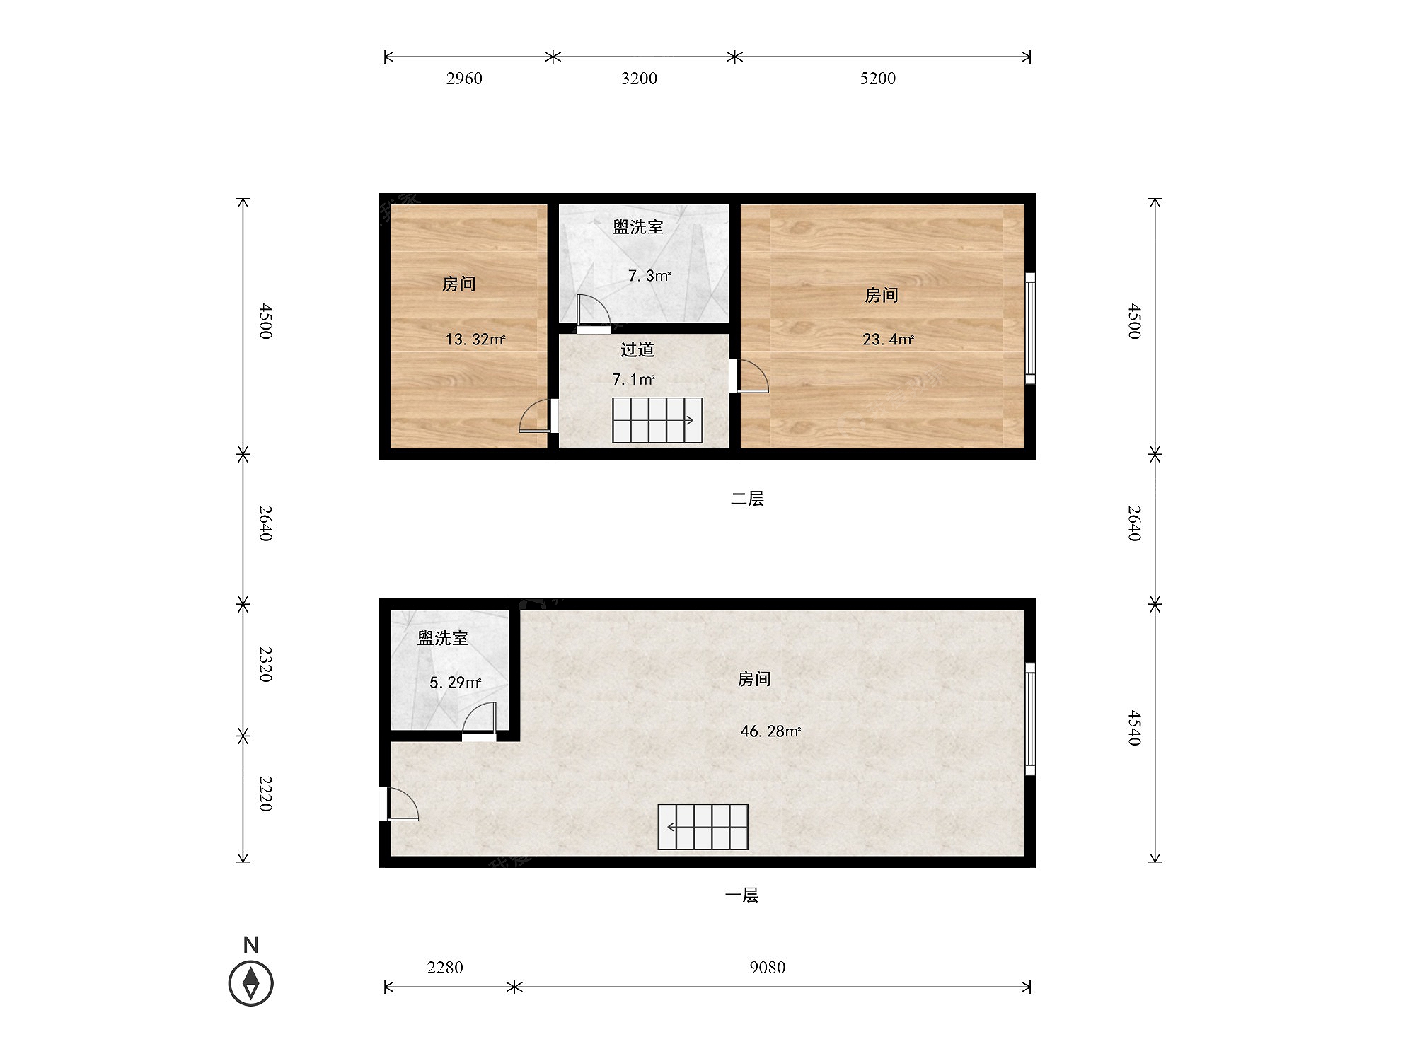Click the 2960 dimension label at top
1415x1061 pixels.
pyautogui.click(x=464, y=79)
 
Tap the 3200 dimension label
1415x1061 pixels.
pyautogui.click(x=639, y=79)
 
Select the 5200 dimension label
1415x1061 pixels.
pyautogui.click(x=877, y=79)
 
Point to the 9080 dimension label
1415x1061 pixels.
pyautogui.click(x=767, y=967)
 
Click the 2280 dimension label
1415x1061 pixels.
pyautogui.click(x=444, y=967)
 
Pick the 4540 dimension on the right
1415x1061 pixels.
pyautogui.click(x=1135, y=728)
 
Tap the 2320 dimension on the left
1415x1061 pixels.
pyautogui.click(x=265, y=663)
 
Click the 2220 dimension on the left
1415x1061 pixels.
pyautogui.click(x=265, y=794)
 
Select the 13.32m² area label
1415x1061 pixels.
pyautogui.click(x=475, y=340)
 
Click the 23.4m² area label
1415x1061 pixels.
pyautogui.click(x=888, y=340)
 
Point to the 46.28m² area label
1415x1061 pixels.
pyautogui.click(x=770, y=731)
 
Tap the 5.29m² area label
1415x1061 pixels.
pyautogui.click(x=456, y=683)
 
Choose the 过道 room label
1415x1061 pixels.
pyautogui.click(x=637, y=349)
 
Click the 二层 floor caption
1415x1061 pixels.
pyautogui.click(x=747, y=499)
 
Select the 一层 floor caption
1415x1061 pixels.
pyautogui.click(x=741, y=895)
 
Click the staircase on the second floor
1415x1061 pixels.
pyautogui.click(x=657, y=420)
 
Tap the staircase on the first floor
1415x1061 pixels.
pyautogui.click(x=703, y=827)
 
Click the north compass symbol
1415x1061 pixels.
pyautogui.click(x=251, y=983)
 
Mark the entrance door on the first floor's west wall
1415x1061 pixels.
pyautogui.click(x=399, y=804)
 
